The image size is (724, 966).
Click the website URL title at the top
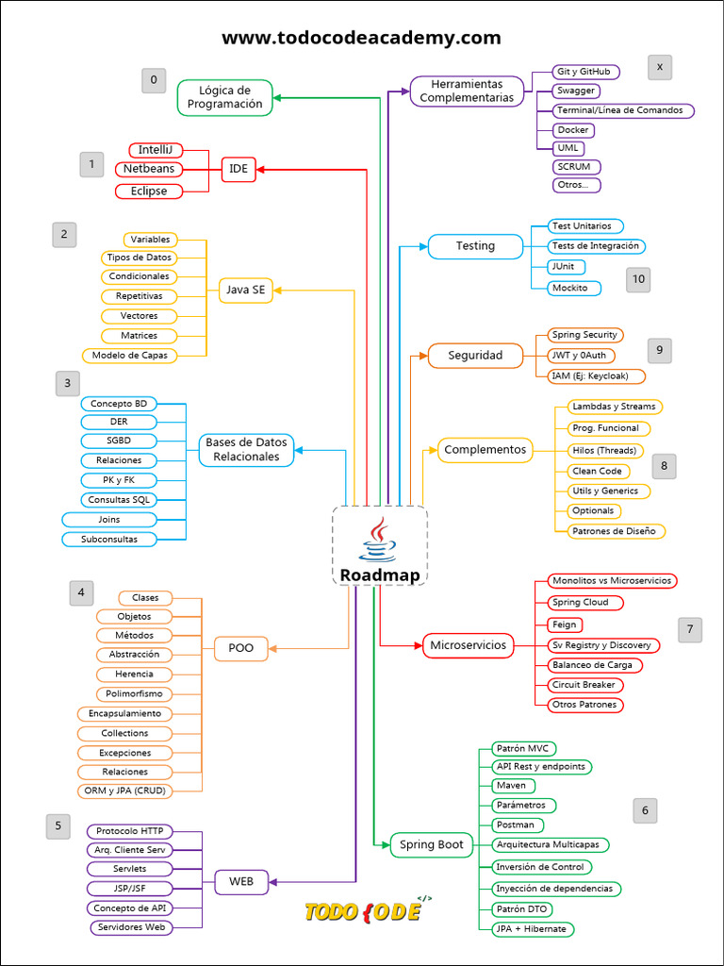point(361,38)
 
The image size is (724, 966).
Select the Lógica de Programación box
point(225,97)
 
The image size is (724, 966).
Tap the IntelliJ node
point(155,150)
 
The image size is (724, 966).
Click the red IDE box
point(239,170)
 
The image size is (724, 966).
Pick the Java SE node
point(245,291)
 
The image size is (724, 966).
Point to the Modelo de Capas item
point(131,356)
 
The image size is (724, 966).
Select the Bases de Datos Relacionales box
point(246,449)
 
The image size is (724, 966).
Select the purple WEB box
point(241,882)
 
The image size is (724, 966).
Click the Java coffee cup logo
point(378,541)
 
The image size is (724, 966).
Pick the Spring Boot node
point(431,844)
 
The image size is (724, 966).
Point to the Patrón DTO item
point(522,909)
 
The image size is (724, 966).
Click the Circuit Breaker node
point(585,685)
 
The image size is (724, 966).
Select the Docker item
point(573,130)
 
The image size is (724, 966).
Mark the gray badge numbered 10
point(638,279)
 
